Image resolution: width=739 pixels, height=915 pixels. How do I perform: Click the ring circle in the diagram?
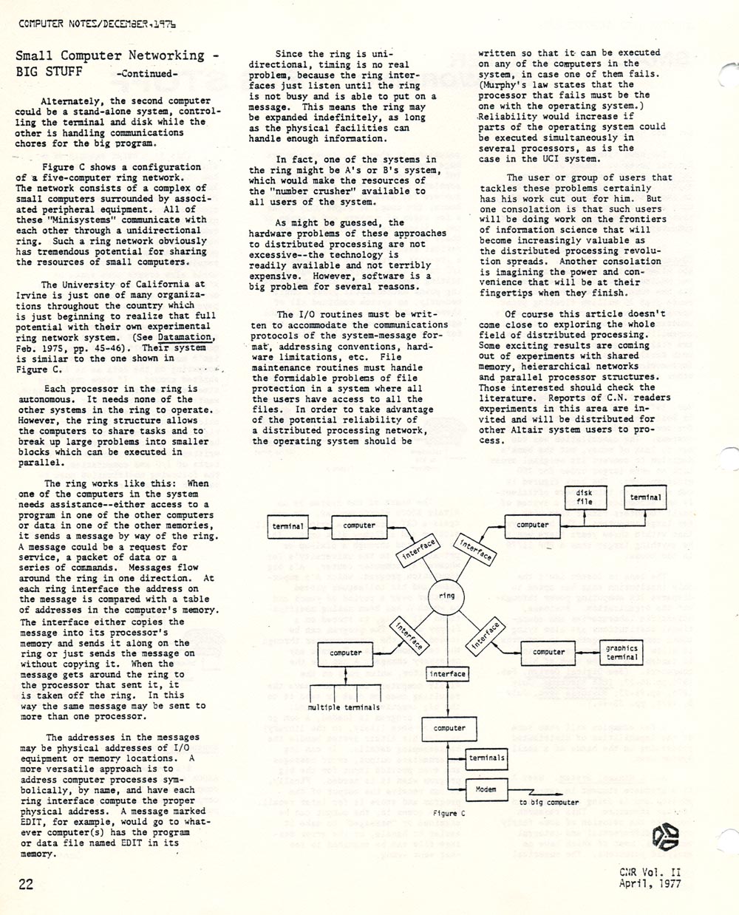pos(447,596)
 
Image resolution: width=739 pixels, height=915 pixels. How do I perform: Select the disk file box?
pos(584,497)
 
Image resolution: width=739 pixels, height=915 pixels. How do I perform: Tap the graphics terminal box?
pos(621,653)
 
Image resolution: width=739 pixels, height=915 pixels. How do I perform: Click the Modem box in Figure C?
pos(486,789)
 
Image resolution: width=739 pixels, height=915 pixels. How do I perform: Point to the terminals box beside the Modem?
pos(486,758)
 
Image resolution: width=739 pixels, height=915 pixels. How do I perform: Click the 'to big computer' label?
pos(548,802)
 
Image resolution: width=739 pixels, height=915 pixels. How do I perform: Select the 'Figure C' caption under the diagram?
pos(449,812)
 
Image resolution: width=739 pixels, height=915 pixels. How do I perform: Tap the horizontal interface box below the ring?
pos(447,674)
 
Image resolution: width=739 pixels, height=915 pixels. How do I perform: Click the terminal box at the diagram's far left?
pos(287,526)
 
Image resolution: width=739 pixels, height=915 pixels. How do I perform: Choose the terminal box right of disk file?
pos(645,497)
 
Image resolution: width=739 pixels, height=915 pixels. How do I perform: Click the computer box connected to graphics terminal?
pos(548,652)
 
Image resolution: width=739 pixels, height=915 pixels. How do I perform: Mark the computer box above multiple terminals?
pos(346,653)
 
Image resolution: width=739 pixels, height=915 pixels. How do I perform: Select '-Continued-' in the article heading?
pos(147,74)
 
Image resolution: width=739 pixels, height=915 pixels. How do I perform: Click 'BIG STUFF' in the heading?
pos(50,72)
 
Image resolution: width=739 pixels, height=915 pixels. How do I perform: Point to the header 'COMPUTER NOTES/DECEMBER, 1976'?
pos(96,23)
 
